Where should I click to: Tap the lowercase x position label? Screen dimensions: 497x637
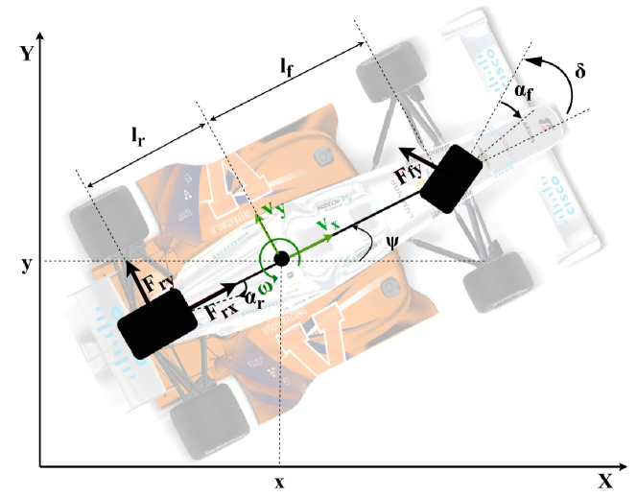279,482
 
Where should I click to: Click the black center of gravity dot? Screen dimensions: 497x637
281,259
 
